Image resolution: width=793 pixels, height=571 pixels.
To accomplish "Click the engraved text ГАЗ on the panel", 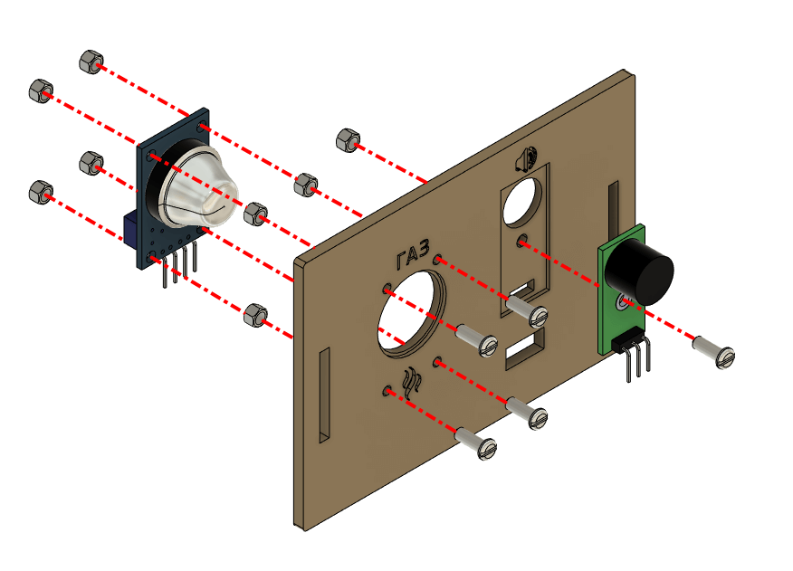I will [x=412, y=259].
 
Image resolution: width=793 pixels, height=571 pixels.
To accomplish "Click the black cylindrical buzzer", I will [x=642, y=269].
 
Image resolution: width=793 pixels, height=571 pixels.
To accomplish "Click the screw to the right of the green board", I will [x=714, y=352].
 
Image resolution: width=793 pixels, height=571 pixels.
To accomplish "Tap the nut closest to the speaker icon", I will [x=346, y=139].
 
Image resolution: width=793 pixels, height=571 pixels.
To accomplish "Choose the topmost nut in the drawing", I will [x=90, y=61].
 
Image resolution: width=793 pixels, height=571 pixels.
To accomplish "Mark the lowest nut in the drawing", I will [x=253, y=315].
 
